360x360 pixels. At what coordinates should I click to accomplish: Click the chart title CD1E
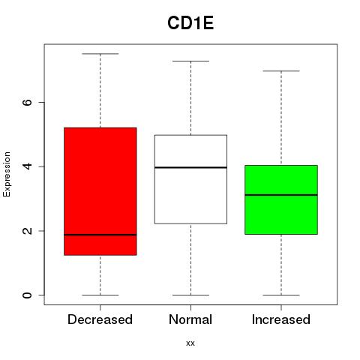[x=190, y=23]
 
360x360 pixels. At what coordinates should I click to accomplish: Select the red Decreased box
[x=100, y=191]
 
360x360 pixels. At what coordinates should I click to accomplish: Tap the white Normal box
[x=190, y=179]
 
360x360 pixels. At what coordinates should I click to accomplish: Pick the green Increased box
[x=281, y=199]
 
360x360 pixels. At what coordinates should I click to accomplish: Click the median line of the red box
[x=100, y=235]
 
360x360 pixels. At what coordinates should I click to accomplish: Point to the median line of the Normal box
[x=190, y=167]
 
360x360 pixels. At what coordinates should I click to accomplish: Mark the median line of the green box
[x=281, y=195]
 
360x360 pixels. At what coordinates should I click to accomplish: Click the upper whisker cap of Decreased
[x=100, y=54]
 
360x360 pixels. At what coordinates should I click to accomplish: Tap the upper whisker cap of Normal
[x=190, y=61]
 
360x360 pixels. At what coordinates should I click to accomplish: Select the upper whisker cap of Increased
[x=281, y=71]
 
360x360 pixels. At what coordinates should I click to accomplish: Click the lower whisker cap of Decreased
[x=100, y=295]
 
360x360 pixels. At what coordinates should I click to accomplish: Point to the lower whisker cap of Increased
[x=281, y=295]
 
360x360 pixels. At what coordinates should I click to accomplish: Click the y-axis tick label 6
[x=28, y=102]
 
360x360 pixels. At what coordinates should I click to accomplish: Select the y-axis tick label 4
[x=28, y=166]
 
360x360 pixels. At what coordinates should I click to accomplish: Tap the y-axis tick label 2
[x=28, y=231]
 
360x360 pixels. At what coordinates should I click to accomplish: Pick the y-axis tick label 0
[x=28, y=295]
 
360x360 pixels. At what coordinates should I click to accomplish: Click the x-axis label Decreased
[x=100, y=319]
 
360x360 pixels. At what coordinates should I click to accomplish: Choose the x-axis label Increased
[x=281, y=319]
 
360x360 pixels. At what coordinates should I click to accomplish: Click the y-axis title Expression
[x=7, y=174]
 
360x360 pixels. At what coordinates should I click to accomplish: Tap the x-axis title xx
[x=190, y=343]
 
